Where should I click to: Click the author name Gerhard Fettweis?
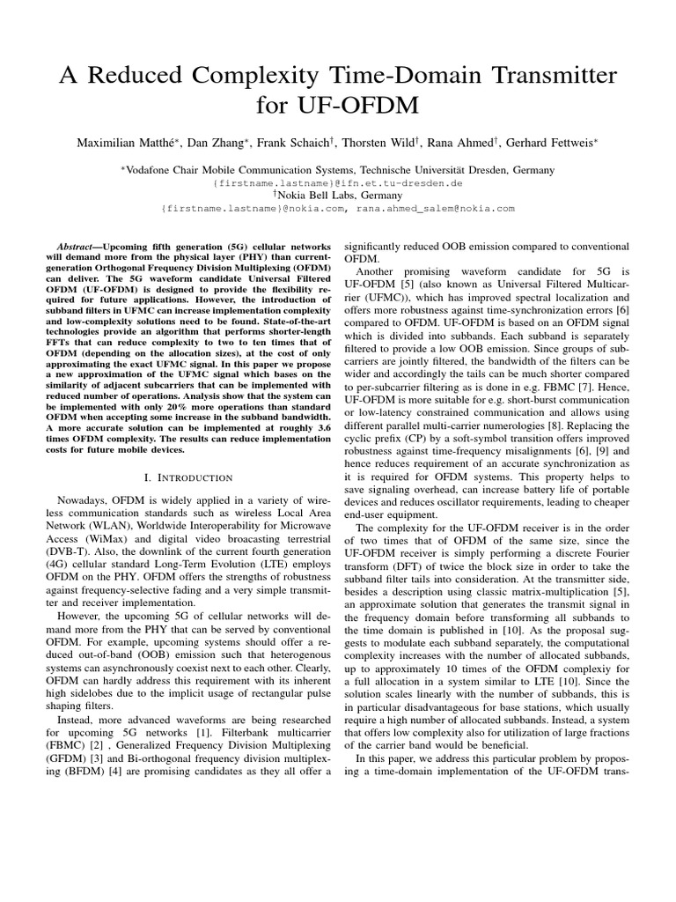(x=562, y=143)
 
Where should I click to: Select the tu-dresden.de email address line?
(x=337, y=182)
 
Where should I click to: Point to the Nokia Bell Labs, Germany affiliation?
(x=339, y=195)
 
